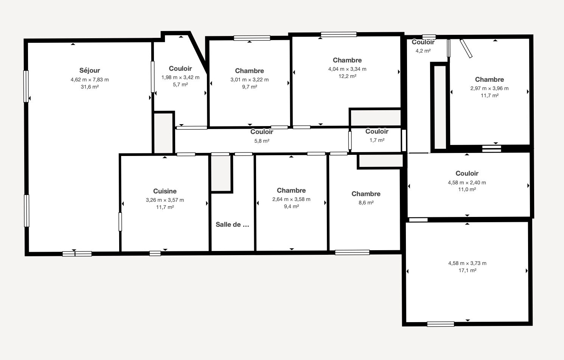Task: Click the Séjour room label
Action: click(90, 70)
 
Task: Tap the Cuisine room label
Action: click(165, 191)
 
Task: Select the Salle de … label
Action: click(232, 224)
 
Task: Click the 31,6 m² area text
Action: click(90, 87)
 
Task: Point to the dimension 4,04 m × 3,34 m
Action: click(347, 69)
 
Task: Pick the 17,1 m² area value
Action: click(467, 271)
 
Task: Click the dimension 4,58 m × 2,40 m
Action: click(467, 182)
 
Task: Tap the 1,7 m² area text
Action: click(377, 140)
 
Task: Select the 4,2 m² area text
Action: click(423, 51)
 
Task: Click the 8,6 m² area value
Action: click(366, 203)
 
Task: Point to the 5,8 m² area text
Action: click(262, 141)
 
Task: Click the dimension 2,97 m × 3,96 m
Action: click(489, 89)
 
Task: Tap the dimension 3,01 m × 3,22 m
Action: click(250, 80)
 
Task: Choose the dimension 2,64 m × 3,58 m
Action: click(291, 199)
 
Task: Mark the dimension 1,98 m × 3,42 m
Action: click(180, 78)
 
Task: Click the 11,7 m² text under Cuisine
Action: click(165, 207)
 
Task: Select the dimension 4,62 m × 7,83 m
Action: click(90, 80)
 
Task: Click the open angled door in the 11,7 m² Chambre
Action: click(466, 48)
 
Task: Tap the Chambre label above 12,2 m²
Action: click(347, 60)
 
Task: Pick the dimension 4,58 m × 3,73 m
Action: click(467, 263)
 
